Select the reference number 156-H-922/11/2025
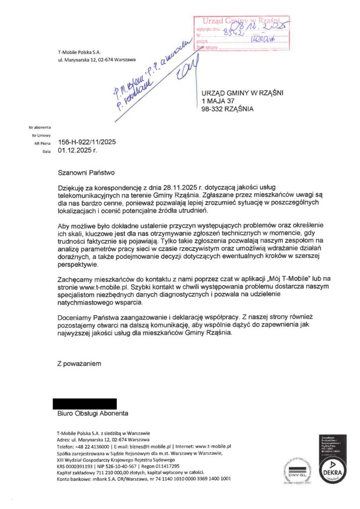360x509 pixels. (87, 142)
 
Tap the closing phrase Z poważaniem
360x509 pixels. (79, 364)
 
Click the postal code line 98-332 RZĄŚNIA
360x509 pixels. (227, 109)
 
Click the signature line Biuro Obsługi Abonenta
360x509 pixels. (92, 414)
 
